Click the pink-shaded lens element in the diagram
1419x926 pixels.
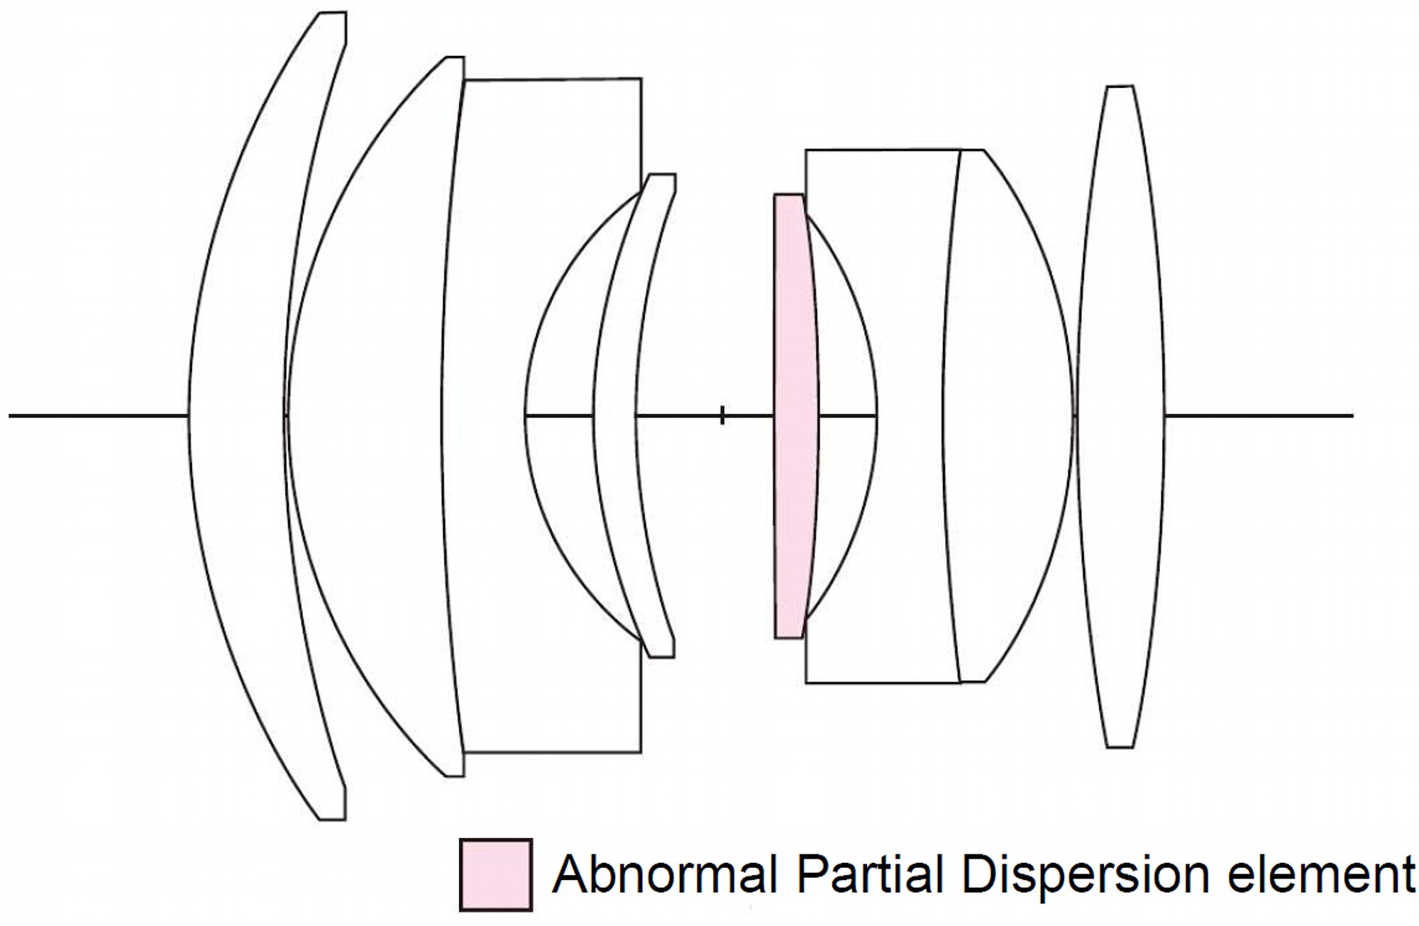pos(795,416)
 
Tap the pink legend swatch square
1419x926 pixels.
pos(496,874)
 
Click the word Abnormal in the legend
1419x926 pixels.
pos(666,874)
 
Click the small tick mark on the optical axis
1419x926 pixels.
pos(722,416)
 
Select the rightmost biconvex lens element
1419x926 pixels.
pos(1120,416)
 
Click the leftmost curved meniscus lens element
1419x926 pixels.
pos(234,416)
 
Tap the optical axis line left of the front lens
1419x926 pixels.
pos(98,415)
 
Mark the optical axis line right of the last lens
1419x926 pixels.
pos(1259,415)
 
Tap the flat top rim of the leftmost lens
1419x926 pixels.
pos(332,12)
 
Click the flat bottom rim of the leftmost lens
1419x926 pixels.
pos(332,820)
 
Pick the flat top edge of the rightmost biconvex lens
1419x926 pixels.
pos(1120,87)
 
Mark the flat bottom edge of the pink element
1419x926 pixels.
pos(789,638)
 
